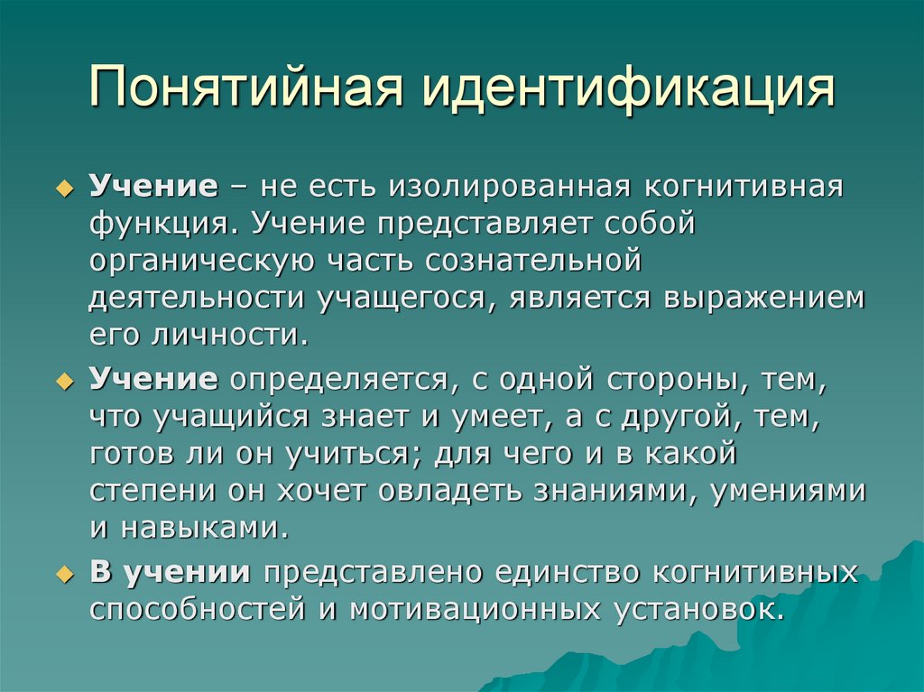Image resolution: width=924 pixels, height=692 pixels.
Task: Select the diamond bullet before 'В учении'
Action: (x=63, y=575)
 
